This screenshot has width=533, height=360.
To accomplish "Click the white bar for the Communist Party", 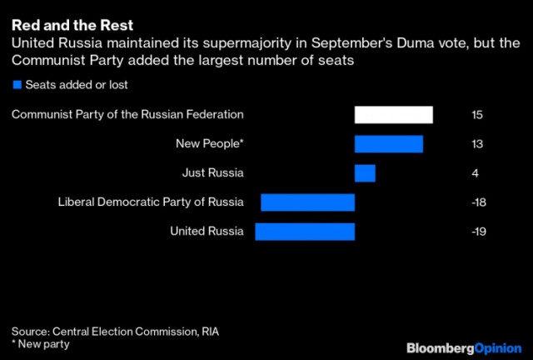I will point(393,115).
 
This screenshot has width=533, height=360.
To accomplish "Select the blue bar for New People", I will point(388,144).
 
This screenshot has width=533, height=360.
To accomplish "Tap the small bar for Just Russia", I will point(365,173).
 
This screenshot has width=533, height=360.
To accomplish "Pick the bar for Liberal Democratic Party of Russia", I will point(307,202).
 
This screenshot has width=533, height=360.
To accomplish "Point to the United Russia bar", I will point(305,231).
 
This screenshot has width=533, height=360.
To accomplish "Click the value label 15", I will point(476,115).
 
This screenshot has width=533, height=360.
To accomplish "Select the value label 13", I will point(476,144).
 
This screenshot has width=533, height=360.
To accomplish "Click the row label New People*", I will point(210,144).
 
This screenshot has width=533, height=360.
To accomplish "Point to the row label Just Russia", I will point(212,173).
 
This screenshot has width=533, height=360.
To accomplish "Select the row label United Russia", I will point(207,231).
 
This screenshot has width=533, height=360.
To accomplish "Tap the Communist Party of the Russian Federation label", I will point(127,115).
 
